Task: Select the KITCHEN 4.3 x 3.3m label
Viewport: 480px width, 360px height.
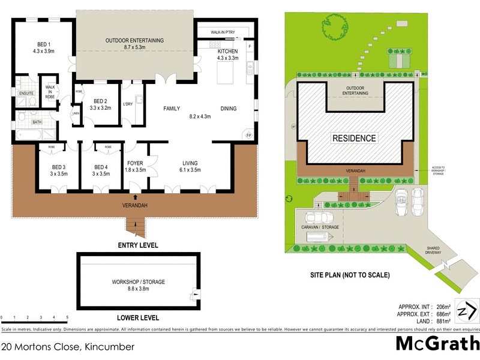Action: pyautogui.click(x=228, y=55)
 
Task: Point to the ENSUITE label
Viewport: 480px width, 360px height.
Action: pyautogui.click(x=26, y=93)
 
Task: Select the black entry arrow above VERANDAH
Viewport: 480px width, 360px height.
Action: pyautogui.click(x=134, y=196)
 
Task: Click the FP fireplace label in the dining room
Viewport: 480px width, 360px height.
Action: pyautogui.click(x=248, y=136)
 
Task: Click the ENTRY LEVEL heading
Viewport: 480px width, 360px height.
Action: pyautogui.click(x=138, y=245)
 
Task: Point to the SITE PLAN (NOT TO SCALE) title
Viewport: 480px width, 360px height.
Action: pyautogui.click(x=350, y=275)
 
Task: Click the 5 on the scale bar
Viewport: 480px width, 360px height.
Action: pyautogui.click(x=67, y=317)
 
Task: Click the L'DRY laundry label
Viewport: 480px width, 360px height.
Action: pyautogui.click(x=127, y=104)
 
